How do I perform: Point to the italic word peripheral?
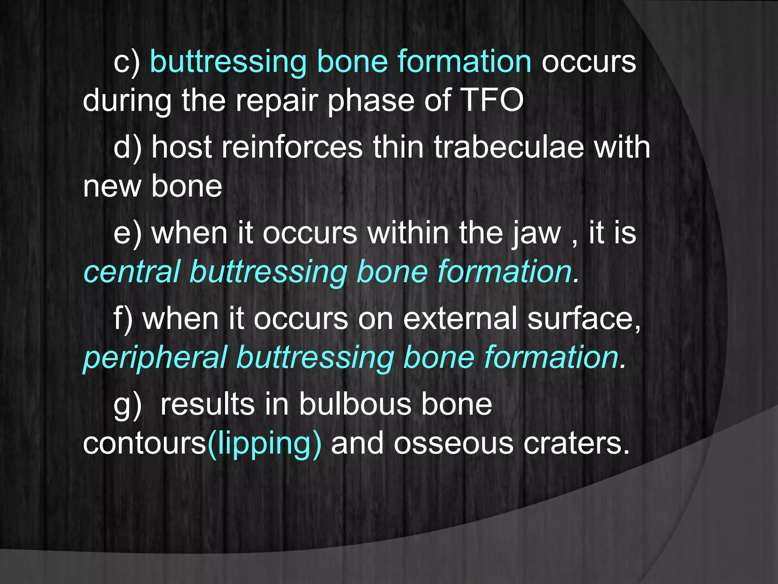point(155,358)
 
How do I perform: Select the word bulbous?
point(355,404)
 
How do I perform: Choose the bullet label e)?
point(128,233)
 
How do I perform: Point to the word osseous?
point(453,444)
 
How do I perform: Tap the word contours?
point(144,444)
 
